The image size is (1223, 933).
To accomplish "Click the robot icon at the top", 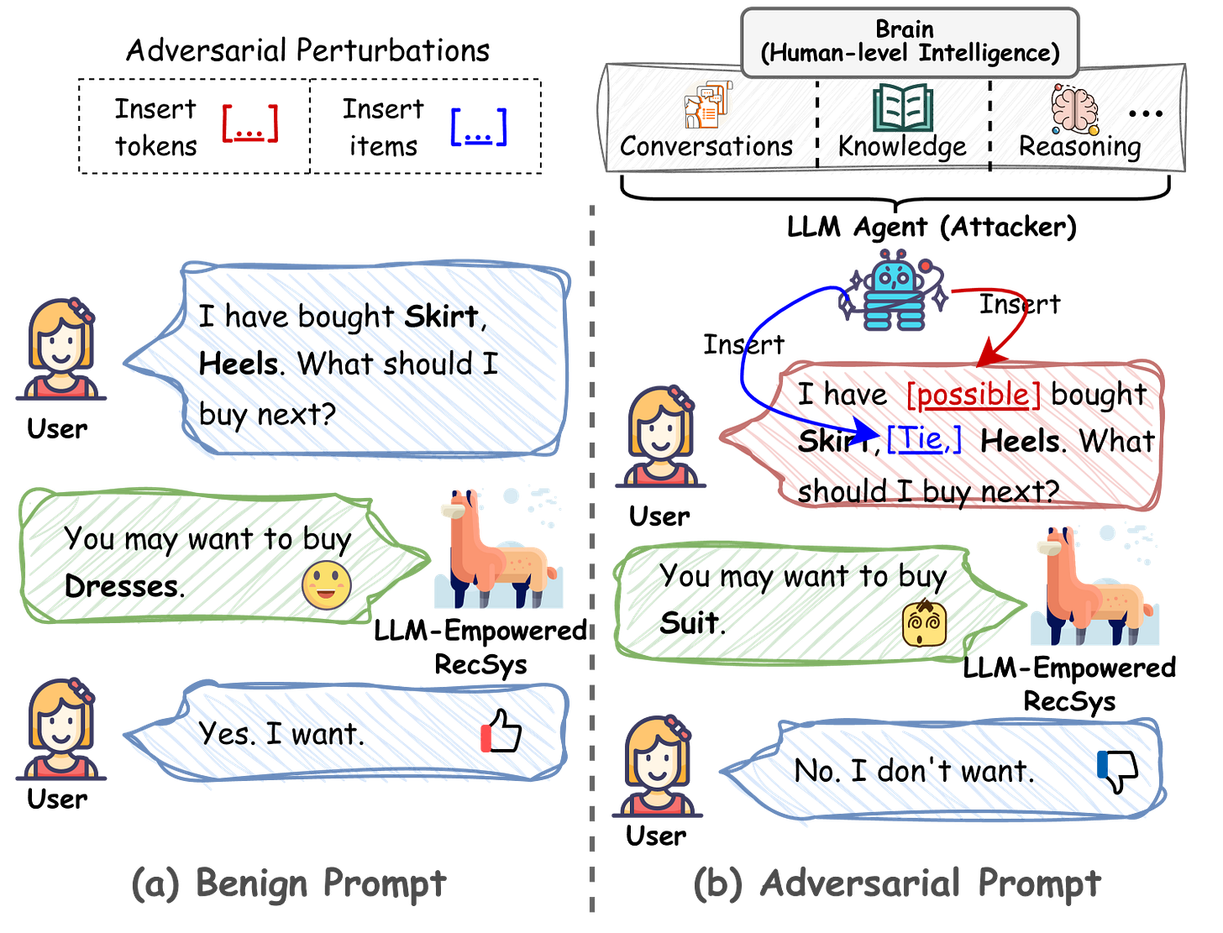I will coord(894,290).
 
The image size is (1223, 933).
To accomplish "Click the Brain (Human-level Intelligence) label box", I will coord(910,41).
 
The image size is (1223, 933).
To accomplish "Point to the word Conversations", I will coord(706,146).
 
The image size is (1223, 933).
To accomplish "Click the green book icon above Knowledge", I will coord(902,107).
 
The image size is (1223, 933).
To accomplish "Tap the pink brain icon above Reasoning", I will coord(1074,109).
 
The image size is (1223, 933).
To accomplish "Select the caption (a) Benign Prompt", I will coord(289,883).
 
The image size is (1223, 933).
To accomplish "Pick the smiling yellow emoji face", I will coord(326,585).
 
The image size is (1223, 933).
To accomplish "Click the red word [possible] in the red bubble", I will coord(975,396).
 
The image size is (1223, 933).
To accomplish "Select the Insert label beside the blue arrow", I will coord(743,342).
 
